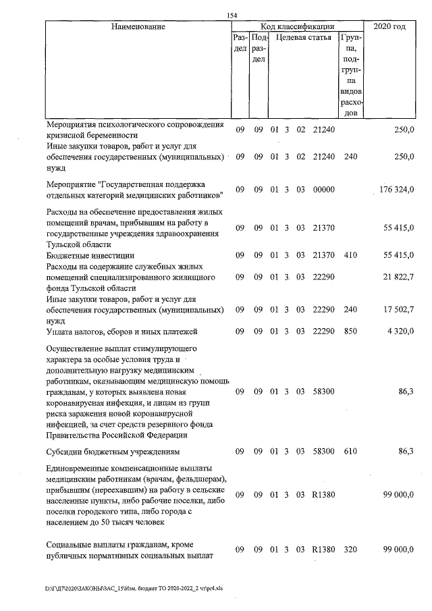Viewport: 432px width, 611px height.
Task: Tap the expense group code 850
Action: point(350,331)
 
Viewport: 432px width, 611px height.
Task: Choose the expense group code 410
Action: point(350,256)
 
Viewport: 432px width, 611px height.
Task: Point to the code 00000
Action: point(324,190)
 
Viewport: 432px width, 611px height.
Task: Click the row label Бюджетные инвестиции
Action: point(90,256)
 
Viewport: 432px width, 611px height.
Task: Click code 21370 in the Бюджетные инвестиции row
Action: point(324,256)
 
